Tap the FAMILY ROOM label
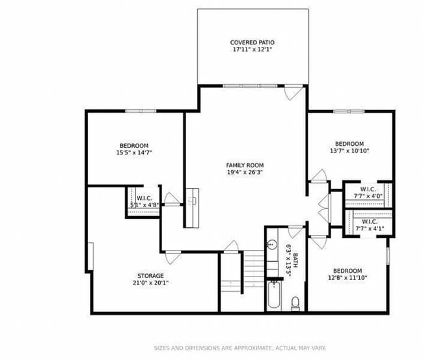point(245,165)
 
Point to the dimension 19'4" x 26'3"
point(245,173)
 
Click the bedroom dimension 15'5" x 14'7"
point(133,152)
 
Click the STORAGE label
point(150,276)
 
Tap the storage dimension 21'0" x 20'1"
point(150,283)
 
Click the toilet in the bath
point(295,303)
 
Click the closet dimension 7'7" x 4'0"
point(368,196)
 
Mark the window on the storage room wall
point(92,258)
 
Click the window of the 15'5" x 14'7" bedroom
point(141,111)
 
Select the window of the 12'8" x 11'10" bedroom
point(389,251)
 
